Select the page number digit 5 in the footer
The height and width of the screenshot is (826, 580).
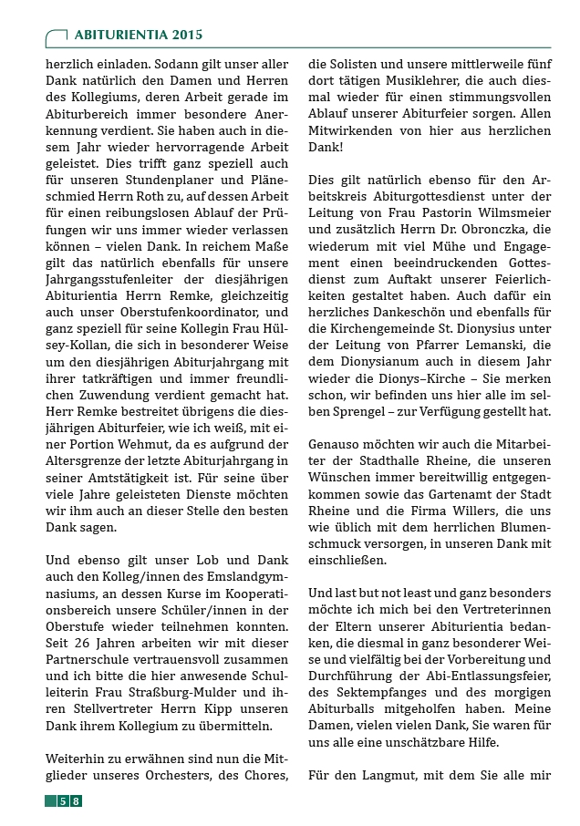coord(62,801)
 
